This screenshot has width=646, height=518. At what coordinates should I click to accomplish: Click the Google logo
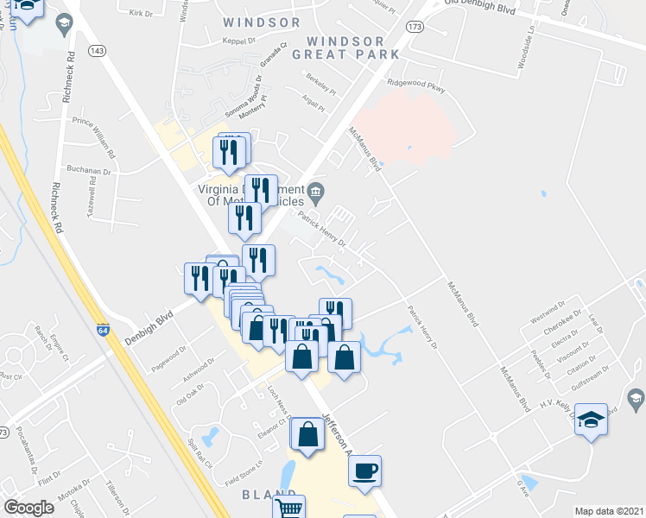29,507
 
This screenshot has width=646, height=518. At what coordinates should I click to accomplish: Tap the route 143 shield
97,51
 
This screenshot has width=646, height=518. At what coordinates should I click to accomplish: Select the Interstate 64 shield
103,330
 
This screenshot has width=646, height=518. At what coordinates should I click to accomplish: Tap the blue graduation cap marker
591,420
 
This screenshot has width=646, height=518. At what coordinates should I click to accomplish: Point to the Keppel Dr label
240,41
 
